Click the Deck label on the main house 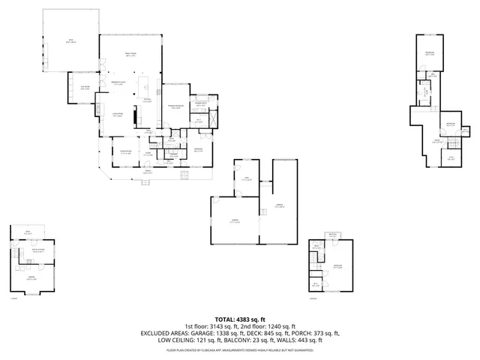coord(70,42)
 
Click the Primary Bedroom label coord(175,106)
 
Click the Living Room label coord(117,114)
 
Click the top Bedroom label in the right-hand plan coord(429,52)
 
